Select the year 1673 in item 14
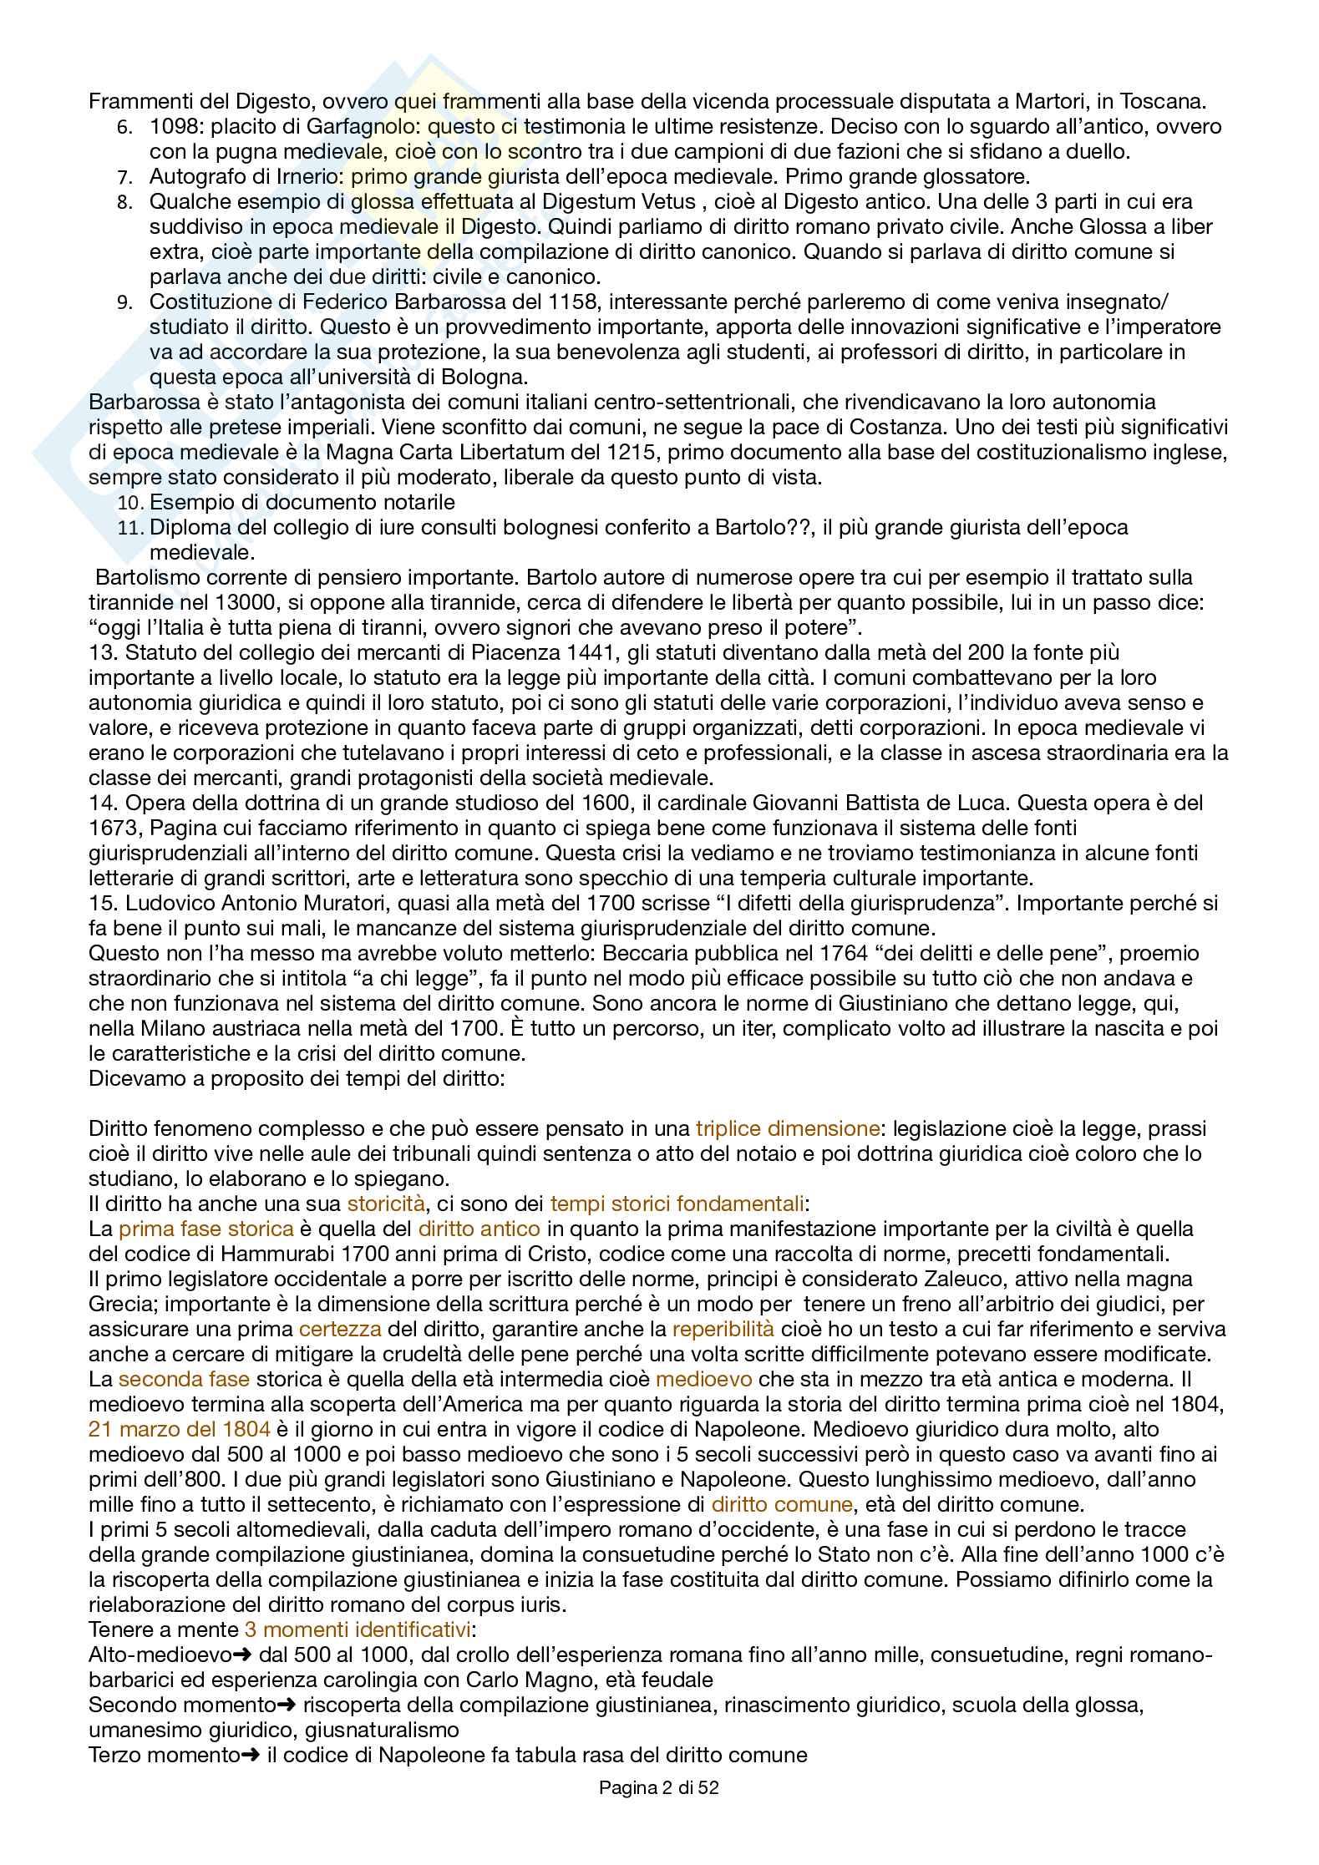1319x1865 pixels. (x=114, y=828)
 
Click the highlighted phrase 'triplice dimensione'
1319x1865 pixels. (x=787, y=1128)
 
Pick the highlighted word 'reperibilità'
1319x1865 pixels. (x=723, y=1329)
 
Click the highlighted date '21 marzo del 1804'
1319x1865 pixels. (x=180, y=1429)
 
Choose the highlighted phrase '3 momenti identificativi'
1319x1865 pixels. (x=358, y=1629)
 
